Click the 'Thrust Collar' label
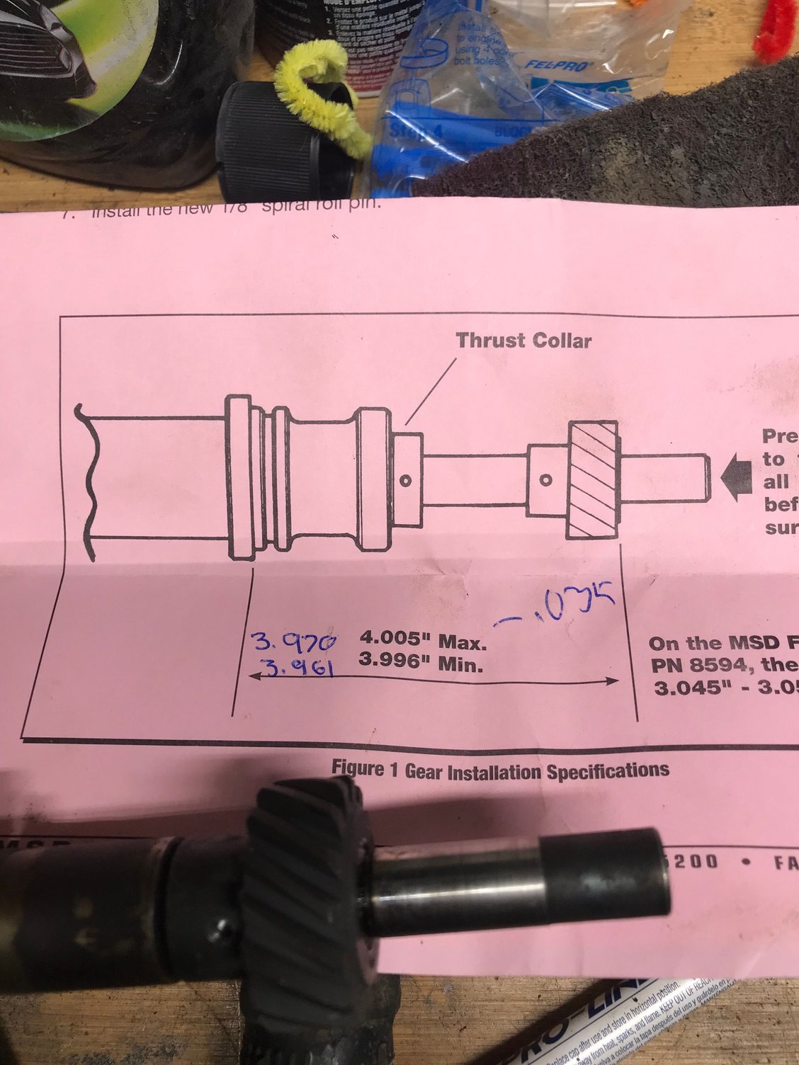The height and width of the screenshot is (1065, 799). [x=523, y=341]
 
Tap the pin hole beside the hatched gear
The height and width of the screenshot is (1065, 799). [x=545, y=479]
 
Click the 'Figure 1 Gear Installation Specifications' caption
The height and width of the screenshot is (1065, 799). [x=500, y=770]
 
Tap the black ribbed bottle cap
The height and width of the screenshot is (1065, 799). [x=283, y=142]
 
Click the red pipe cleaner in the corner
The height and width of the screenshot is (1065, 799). [x=776, y=28]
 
